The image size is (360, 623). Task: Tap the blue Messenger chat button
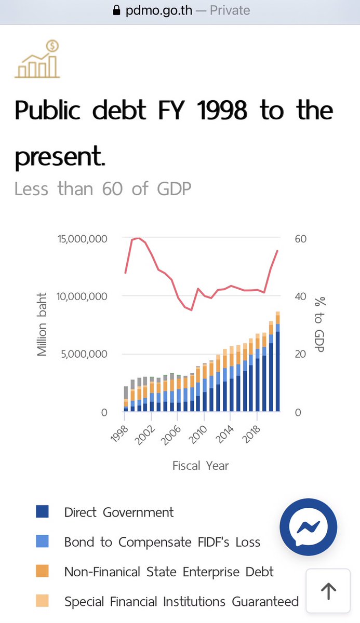point(308,527)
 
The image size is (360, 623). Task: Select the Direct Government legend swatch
point(43,512)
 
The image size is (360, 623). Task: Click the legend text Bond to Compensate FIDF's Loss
point(162,543)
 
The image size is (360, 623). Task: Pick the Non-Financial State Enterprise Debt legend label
point(168,572)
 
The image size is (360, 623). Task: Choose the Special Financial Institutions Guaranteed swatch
point(43,602)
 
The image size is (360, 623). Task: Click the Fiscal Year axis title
point(201,465)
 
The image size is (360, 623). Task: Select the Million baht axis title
point(42,324)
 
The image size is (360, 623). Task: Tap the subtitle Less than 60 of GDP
point(103,188)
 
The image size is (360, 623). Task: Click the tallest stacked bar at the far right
point(278,363)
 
